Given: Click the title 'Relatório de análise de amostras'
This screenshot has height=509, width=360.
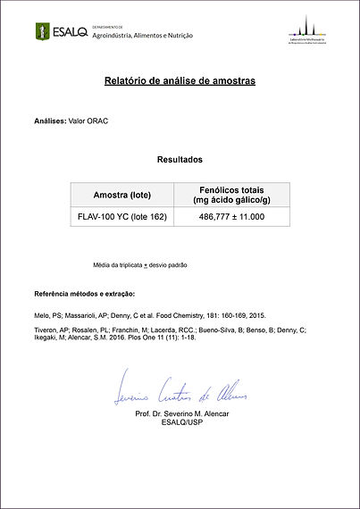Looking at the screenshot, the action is (x=180, y=81).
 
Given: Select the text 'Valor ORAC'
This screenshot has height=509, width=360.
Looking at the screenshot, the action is (x=88, y=120).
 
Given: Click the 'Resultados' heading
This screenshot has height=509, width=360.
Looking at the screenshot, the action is (x=180, y=160).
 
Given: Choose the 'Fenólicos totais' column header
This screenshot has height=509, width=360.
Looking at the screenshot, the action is (x=231, y=189).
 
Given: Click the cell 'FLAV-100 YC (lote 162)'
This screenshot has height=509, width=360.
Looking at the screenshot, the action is (x=121, y=216).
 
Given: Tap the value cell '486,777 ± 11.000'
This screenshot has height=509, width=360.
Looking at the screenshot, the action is (x=231, y=216).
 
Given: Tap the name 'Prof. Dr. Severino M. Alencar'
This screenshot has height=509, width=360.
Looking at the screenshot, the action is (x=182, y=414).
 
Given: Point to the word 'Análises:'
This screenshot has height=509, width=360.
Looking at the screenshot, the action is (x=50, y=120).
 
